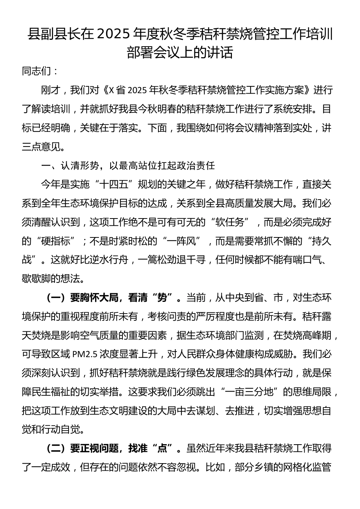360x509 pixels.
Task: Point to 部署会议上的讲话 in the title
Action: [x=180, y=53]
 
